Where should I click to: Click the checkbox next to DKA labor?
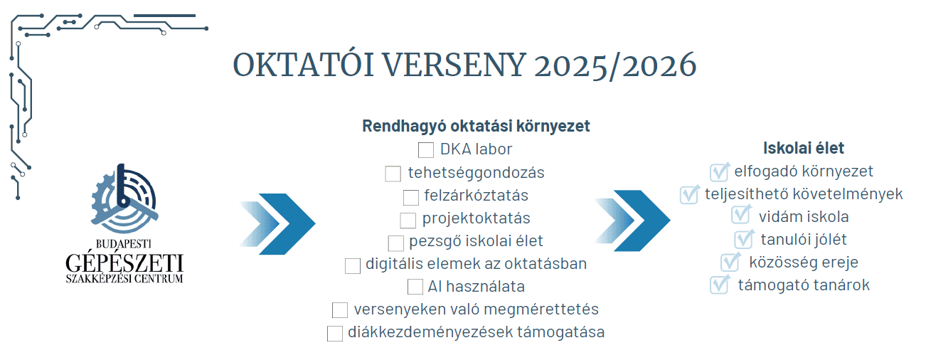point(426,150)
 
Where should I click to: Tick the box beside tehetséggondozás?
point(393,174)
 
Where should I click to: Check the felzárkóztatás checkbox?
point(411,197)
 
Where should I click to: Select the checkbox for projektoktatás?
point(408,220)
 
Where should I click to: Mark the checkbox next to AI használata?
point(415,287)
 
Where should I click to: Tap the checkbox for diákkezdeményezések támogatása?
point(335,333)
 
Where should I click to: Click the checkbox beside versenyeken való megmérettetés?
point(340,310)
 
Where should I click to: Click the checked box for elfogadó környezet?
point(720,171)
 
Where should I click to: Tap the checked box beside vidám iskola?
point(740,216)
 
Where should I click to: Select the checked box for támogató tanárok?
point(720,285)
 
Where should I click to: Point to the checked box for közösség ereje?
point(730,262)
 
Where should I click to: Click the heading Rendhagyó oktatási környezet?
point(476,127)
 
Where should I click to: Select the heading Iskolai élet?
point(804,149)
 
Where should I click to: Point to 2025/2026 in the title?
point(615,65)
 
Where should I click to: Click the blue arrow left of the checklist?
point(278,223)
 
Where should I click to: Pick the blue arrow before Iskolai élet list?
point(633,221)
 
